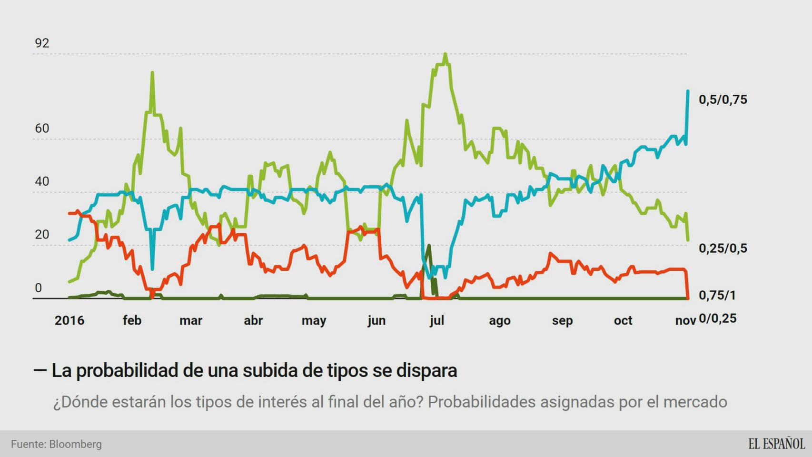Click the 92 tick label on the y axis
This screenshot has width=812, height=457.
coord(42,43)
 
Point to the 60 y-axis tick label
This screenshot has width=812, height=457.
coord(42,129)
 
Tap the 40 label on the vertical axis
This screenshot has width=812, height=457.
coord(42,181)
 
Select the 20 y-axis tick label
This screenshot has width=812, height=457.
coord(42,234)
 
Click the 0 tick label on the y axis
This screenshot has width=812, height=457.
coord(39,288)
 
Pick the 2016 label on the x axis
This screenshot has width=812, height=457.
coord(69,320)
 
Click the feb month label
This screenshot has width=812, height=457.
coord(132,320)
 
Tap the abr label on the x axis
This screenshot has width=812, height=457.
coord(253,320)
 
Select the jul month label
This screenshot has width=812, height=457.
coord(436,320)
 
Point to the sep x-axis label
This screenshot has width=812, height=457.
coord(562,320)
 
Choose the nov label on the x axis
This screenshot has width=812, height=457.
coord(685,320)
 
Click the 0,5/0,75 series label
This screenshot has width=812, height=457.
coord(723,100)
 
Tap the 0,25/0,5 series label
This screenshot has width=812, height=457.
coord(723,248)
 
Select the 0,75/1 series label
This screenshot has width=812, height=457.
coord(717,296)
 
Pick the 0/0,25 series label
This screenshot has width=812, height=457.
coord(717,318)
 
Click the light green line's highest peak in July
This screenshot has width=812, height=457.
coord(445,54)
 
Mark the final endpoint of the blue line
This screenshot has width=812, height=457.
coord(688,91)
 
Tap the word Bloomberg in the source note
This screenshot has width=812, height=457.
coord(75,444)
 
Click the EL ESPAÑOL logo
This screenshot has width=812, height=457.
coord(776,444)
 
